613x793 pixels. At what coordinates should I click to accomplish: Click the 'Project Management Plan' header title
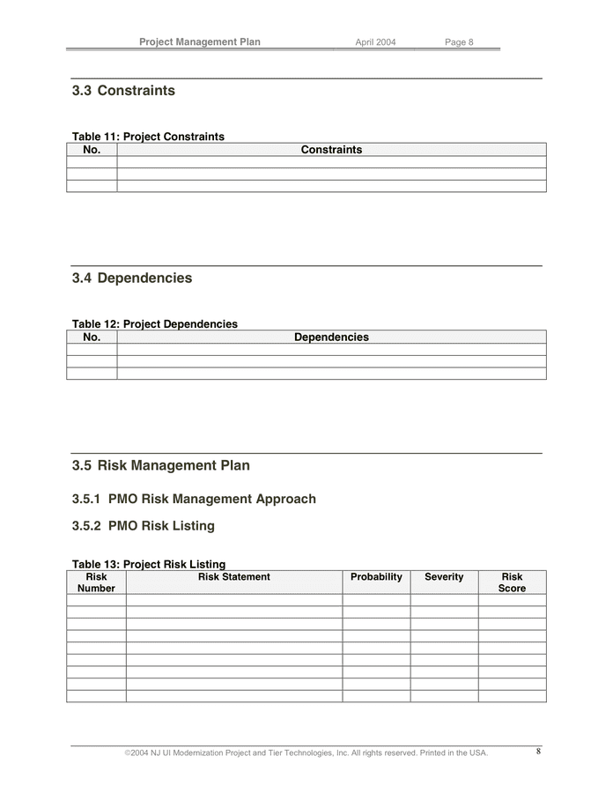[x=200, y=41]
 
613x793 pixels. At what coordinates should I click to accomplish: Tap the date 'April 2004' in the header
[x=375, y=42]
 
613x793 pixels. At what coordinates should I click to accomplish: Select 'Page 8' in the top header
[x=459, y=42]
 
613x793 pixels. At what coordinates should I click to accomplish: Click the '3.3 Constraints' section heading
[x=123, y=91]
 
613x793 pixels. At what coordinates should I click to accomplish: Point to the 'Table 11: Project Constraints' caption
[x=148, y=137]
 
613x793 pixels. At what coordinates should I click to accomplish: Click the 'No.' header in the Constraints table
[x=92, y=150]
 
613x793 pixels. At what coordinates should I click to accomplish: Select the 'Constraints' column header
[x=331, y=150]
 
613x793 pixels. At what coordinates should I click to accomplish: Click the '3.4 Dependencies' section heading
[x=132, y=278]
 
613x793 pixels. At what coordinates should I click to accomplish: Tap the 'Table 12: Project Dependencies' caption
[x=155, y=324]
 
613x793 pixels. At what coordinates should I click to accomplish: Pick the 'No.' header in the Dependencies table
[x=92, y=337]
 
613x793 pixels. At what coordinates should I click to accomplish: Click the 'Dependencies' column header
[x=331, y=337]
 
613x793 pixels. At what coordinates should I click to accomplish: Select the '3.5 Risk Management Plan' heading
[x=161, y=465]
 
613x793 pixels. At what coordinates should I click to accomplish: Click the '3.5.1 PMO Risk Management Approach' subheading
[x=194, y=499]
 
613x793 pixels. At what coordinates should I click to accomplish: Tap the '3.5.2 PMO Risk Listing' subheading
[x=144, y=526]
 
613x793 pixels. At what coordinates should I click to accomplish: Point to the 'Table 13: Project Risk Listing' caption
[x=149, y=564]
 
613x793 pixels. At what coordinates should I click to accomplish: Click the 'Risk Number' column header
[x=96, y=582]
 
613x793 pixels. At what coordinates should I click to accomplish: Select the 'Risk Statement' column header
[x=234, y=577]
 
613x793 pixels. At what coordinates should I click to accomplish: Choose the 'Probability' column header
[x=376, y=577]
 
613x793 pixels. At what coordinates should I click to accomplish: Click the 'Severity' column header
[x=444, y=577]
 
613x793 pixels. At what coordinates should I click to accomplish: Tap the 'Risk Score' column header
[x=512, y=582]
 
